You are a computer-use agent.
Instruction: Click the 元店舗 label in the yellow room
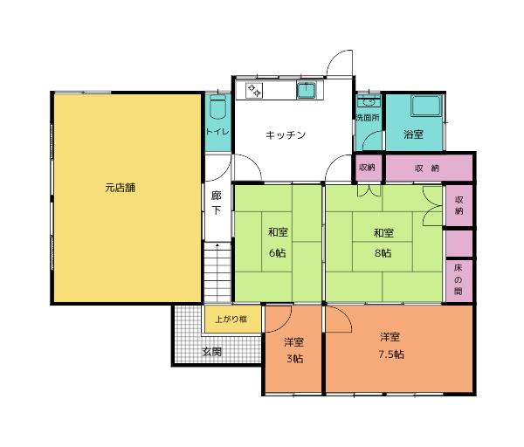(121, 187)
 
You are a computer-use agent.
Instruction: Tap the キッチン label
(286, 135)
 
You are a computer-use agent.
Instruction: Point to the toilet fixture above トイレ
(217, 109)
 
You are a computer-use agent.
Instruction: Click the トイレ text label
(217, 132)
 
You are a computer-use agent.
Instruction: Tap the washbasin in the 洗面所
(367, 101)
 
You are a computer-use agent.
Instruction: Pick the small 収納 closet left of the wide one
(367, 167)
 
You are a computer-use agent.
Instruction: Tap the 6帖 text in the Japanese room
(277, 252)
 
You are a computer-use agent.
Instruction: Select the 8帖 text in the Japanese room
(382, 252)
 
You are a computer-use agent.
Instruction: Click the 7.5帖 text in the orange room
(390, 354)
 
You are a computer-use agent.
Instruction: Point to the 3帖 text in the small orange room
(293, 359)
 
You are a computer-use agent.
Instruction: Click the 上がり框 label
(231, 320)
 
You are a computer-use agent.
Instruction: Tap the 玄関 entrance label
(212, 352)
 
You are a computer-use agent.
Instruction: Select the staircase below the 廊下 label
(217, 271)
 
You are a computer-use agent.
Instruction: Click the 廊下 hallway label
(217, 203)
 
